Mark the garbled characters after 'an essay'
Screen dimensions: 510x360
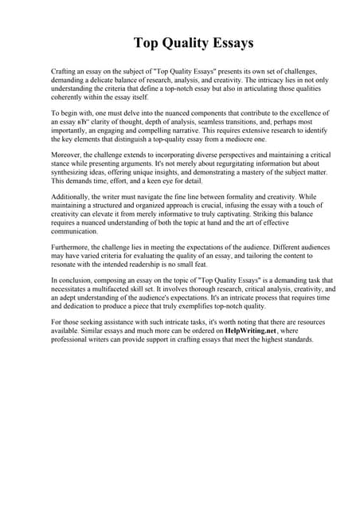coord(84,124)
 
